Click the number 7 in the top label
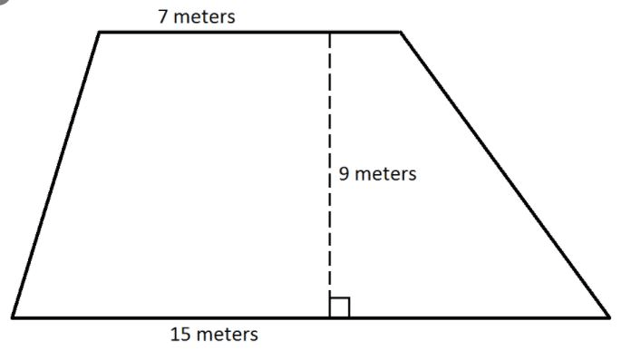click(x=163, y=16)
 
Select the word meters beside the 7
click(x=204, y=17)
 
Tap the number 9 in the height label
click(x=344, y=173)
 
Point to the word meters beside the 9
click(x=385, y=174)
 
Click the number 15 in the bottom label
click(x=180, y=335)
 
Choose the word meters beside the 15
click(x=228, y=335)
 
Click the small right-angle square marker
click(x=339, y=306)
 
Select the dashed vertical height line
click(x=329, y=175)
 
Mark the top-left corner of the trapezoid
click(x=99, y=32)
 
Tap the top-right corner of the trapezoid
click(x=401, y=32)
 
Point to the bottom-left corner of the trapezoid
click(x=13, y=317)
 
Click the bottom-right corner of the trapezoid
click(x=609, y=316)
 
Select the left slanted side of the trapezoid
click(x=56, y=174)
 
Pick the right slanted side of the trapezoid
click(x=505, y=174)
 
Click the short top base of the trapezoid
click(x=250, y=32)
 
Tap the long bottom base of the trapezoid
click(x=311, y=317)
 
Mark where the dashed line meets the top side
click(x=329, y=32)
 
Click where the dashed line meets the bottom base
click(x=329, y=317)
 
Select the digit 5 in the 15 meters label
click(x=186, y=335)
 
